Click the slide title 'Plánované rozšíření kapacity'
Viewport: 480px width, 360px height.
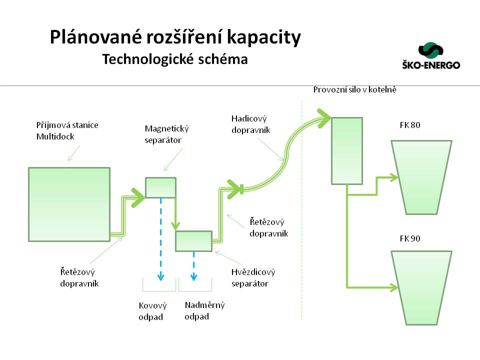tap(175, 38)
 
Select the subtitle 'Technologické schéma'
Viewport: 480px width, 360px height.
tap(175, 59)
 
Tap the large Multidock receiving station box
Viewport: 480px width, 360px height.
tap(69, 204)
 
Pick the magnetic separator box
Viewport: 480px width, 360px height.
tap(160, 187)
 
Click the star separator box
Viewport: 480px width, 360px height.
tap(193, 241)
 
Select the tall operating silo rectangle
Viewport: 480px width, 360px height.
tap(347, 150)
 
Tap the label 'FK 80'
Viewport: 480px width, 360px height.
tap(410, 125)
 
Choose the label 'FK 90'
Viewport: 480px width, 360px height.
tap(410, 238)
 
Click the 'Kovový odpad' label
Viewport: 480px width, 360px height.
tap(152, 311)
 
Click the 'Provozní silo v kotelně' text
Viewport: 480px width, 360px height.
tap(355, 90)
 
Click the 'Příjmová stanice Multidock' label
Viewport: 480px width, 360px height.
tap(67, 130)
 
